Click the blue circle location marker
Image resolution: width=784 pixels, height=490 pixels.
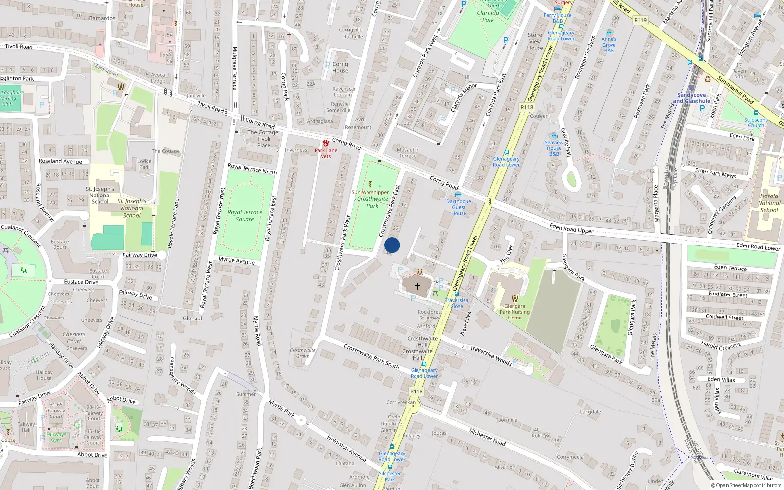coord(392,245)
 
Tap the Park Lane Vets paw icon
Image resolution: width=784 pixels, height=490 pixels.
coord(326,143)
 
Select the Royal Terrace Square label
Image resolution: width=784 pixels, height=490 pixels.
coord(245,216)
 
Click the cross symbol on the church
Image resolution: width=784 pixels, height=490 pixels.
coord(417,286)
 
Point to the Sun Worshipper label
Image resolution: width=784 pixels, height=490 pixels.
coord(370,192)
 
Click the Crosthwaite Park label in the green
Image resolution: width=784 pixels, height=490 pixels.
coord(372,202)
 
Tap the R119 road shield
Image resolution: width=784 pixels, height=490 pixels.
coord(640,20)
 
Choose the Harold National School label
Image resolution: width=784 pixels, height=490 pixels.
coord(769,203)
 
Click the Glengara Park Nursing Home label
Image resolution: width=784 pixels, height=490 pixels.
coord(514,312)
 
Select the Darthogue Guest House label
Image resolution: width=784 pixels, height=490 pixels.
coord(459,207)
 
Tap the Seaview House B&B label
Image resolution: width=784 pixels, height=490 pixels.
coord(554,148)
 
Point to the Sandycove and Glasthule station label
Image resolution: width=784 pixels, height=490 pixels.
coord(691,98)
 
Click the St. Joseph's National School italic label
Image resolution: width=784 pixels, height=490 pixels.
coord(132,208)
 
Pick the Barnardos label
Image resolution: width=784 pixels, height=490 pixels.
coord(102,18)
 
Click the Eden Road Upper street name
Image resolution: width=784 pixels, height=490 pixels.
coord(571,228)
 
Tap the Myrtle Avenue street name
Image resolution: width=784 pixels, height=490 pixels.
coord(236,260)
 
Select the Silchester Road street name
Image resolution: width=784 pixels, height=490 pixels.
coord(487,437)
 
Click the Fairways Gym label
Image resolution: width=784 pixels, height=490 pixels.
coord(56,437)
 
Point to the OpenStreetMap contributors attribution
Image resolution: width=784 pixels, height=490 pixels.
coord(746,486)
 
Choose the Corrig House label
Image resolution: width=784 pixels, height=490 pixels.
coord(340,67)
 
